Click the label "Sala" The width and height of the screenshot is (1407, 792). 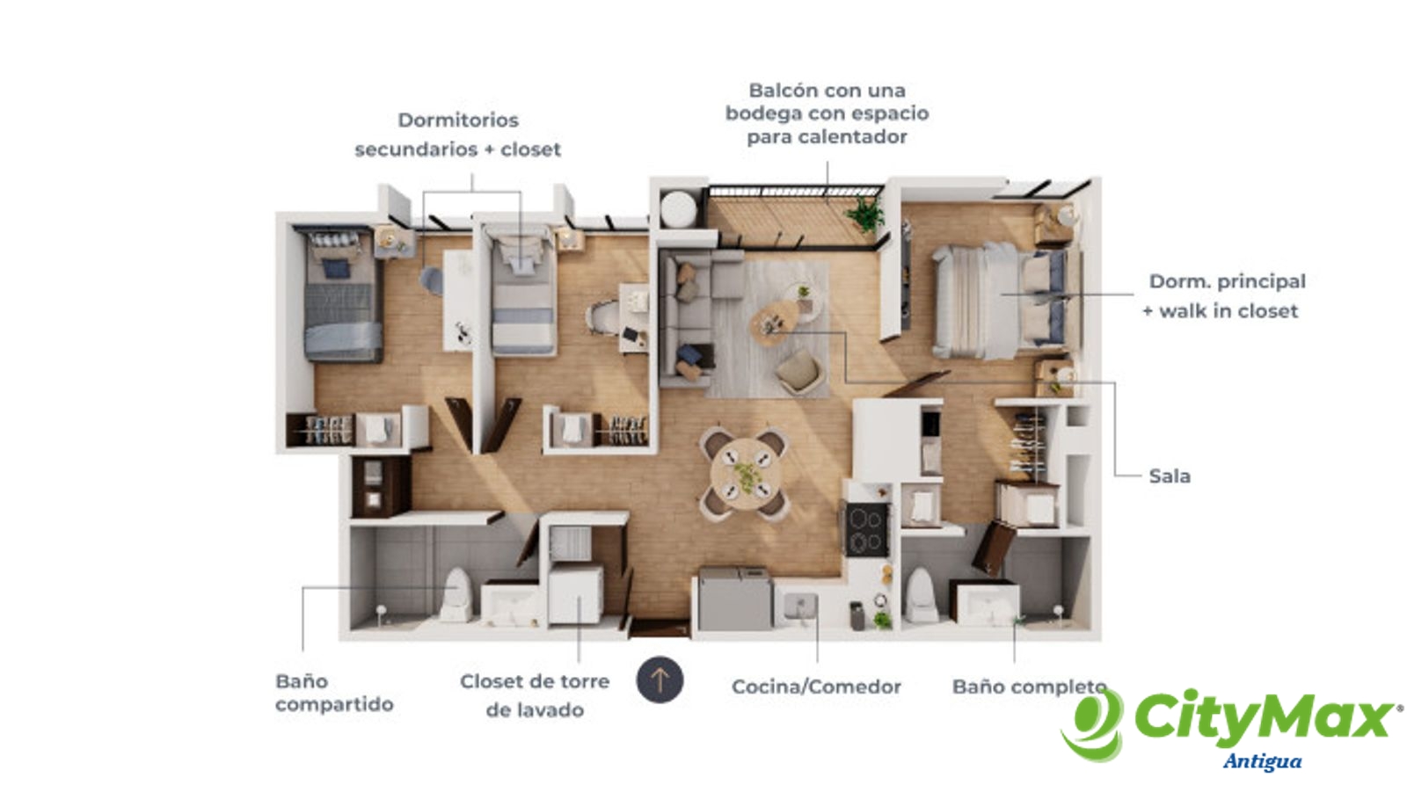[x=1170, y=476]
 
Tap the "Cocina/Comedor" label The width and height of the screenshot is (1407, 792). [x=816, y=687]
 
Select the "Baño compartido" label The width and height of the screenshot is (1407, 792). [x=334, y=693]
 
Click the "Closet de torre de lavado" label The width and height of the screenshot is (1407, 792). [x=535, y=695]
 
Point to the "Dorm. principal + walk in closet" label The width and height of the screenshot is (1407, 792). [x=1223, y=296]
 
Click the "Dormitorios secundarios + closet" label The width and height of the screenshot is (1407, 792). [x=457, y=134]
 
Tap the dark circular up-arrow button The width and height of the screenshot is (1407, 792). [x=660, y=679]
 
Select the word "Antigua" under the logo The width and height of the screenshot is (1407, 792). [x=1262, y=762]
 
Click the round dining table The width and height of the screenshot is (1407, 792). [x=746, y=474]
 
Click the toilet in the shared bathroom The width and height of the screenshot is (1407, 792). [x=456, y=594]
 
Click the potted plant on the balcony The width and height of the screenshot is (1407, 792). [x=866, y=214]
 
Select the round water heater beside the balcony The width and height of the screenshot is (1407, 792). [x=678, y=208]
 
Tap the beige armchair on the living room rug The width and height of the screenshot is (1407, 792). [x=799, y=372]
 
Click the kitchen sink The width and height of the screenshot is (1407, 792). [x=799, y=607]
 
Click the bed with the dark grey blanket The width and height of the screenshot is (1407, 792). [x=343, y=296]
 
